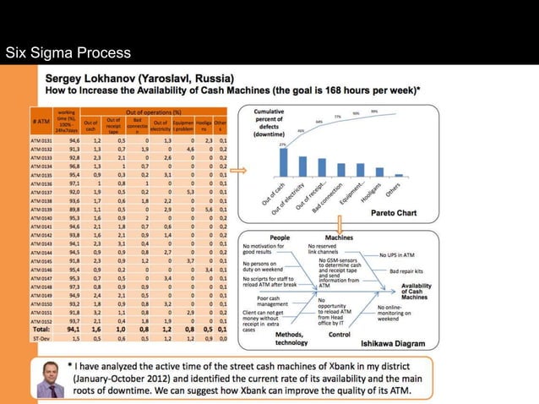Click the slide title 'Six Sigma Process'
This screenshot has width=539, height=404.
coord(68,54)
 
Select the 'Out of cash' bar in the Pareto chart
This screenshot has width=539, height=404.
coord(282,162)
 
